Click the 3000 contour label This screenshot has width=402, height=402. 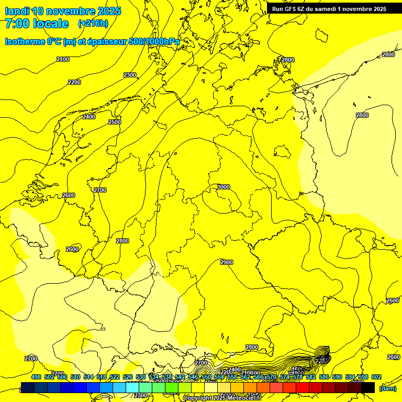click(x=224, y=187)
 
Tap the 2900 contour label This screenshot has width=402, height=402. click(x=227, y=262)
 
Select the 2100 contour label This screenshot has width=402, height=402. click(x=63, y=59)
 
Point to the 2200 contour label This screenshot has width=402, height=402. click(x=74, y=82)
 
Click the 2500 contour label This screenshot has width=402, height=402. click(x=115, y=122)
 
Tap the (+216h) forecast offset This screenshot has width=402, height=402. click(x=93, y=24)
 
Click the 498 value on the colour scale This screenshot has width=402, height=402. click(x=36, y=377)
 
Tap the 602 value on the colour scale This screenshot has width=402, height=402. click(x=376, y=377)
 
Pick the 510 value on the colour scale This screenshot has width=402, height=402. click(x=75, y=377)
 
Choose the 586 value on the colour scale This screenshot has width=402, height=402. click(x=324, y=377)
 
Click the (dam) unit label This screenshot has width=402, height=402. click(x=388, y=388)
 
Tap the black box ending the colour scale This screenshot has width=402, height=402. click(x=368, y=388)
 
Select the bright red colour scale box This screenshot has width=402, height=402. click(x=303, y=388)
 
